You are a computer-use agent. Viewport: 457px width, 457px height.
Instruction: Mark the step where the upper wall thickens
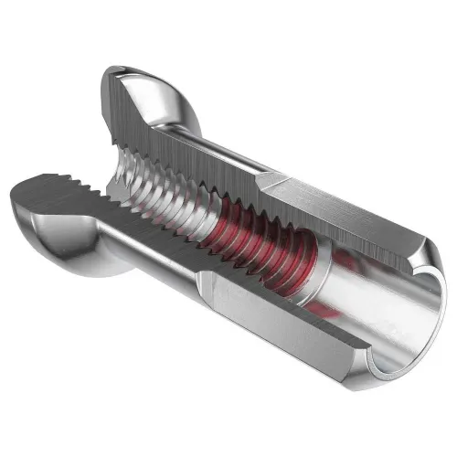(x=264, y=182)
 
